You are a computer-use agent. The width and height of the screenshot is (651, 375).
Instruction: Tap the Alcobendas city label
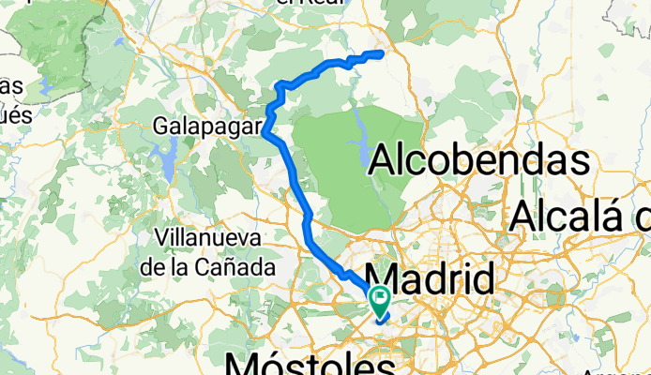click(x=479, y=160)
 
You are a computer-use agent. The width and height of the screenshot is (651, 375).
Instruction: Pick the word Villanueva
click(x=208, y=239)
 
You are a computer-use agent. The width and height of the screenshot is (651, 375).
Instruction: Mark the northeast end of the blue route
click(x=383, y=53)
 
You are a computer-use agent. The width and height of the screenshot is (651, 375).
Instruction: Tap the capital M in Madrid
click(x=382, y=279)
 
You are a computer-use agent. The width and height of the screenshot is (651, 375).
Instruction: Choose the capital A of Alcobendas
click(x=385, y=160)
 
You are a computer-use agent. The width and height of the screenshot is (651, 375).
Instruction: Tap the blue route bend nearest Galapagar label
click(x=266, y=131)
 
